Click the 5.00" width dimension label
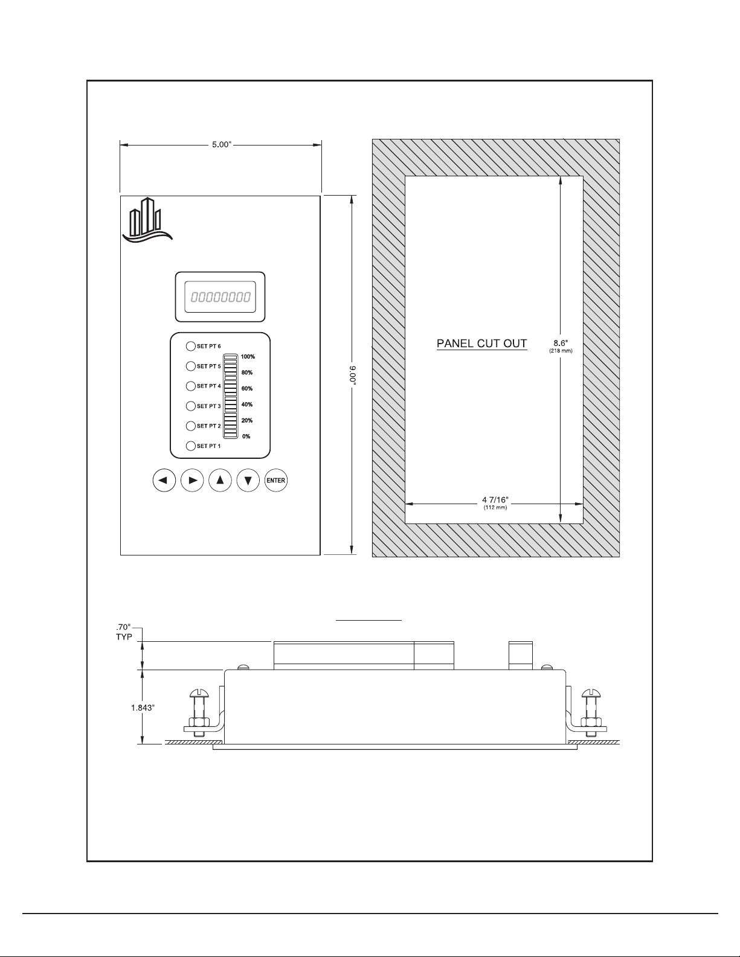click(222, 144)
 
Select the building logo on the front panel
click(147, 220)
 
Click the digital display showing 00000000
click(220, 297)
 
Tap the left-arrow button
click(164, 480)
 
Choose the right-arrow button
click(193, 480)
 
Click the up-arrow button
click(220, 480)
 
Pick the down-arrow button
click(248, 480)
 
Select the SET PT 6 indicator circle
click(191, 346)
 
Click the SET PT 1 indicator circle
click(191, 446)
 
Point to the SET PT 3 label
click(209, 406)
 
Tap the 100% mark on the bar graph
click(248, 357)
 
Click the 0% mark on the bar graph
click(246, 437)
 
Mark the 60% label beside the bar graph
click(247, 388)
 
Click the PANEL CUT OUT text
click(482, 344)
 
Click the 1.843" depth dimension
click(143, 708)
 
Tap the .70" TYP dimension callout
click(124, 632)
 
